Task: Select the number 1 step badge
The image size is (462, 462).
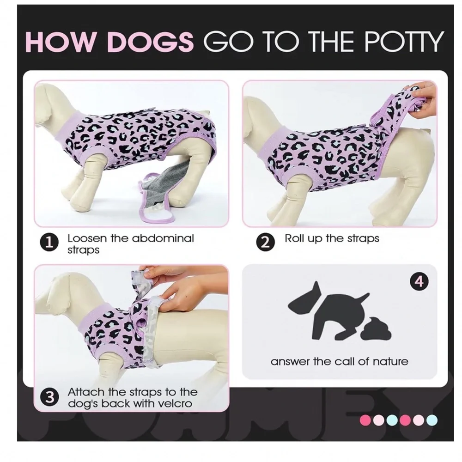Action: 49,243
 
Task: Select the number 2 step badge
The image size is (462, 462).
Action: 265,243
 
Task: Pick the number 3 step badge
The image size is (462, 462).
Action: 49,397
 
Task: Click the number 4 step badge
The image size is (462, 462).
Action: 419,282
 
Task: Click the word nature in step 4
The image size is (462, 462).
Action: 390,362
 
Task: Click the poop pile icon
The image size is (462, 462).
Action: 378,328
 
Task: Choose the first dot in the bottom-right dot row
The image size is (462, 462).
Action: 365,420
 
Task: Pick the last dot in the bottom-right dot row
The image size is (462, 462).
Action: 432,420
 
